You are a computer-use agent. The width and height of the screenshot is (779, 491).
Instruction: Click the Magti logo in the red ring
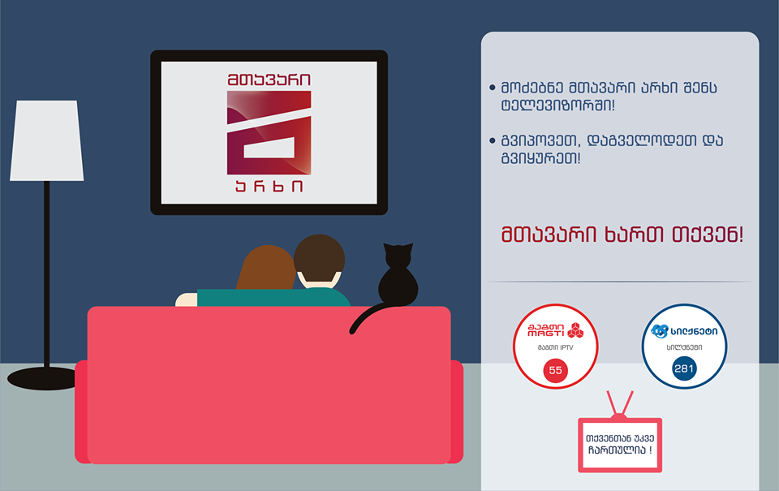pyautogui.click(x=556, y=330)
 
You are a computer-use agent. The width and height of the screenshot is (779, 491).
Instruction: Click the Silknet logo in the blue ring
pyautogui.click(x=684, y=330)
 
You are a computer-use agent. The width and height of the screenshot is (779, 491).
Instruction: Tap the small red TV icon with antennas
pyautogui.click(x=620, y=442)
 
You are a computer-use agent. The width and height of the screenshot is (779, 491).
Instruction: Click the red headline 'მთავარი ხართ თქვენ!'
pyautogui.click(x=622, y=235)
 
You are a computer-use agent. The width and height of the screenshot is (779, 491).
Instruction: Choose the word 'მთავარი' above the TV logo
pyautogui.click(x=269, y=80)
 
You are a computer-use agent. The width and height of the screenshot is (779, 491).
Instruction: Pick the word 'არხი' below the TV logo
pyautogui.click(x=269, y=189)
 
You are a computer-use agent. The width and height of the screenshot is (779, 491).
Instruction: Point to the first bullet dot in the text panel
pyautogui.click(x=493, y=87)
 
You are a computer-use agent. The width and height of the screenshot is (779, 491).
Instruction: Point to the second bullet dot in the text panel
pyautogui.click(x=493, y=140)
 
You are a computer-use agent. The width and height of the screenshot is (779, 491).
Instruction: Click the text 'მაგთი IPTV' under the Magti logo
pyautogui.click(x=556, y=348)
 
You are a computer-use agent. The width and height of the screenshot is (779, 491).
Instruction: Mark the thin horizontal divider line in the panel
pyautogui.click(x=621, y=282)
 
